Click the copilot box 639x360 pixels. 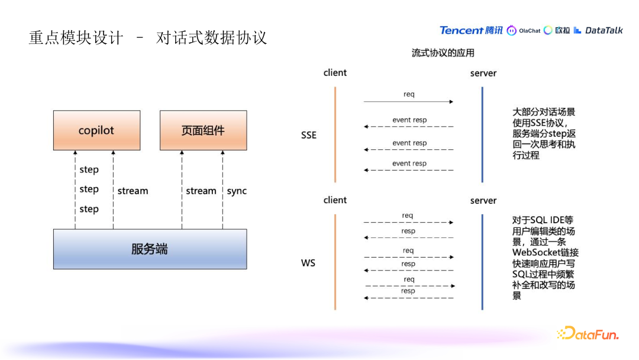coord(96,130)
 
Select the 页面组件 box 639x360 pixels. coord(203,130)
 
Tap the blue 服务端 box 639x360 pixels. coord(150,249)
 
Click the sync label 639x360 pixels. coord(237,191)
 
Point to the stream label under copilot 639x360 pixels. coord(133,191)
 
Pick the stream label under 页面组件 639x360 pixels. coord(201,191)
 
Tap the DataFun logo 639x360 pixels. coord(588,334)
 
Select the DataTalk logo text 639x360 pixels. coord(603,30)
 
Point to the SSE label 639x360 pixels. coord(309,135)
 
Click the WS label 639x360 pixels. coord(308,262)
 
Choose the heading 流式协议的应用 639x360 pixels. coord(443,53)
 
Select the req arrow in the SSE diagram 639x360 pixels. coord(408,101)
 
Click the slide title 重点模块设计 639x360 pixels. coord(76,38)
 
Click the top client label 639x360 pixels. coord(335,73)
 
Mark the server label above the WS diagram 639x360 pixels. coord(483,201)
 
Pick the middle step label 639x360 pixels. coord(89,189)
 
